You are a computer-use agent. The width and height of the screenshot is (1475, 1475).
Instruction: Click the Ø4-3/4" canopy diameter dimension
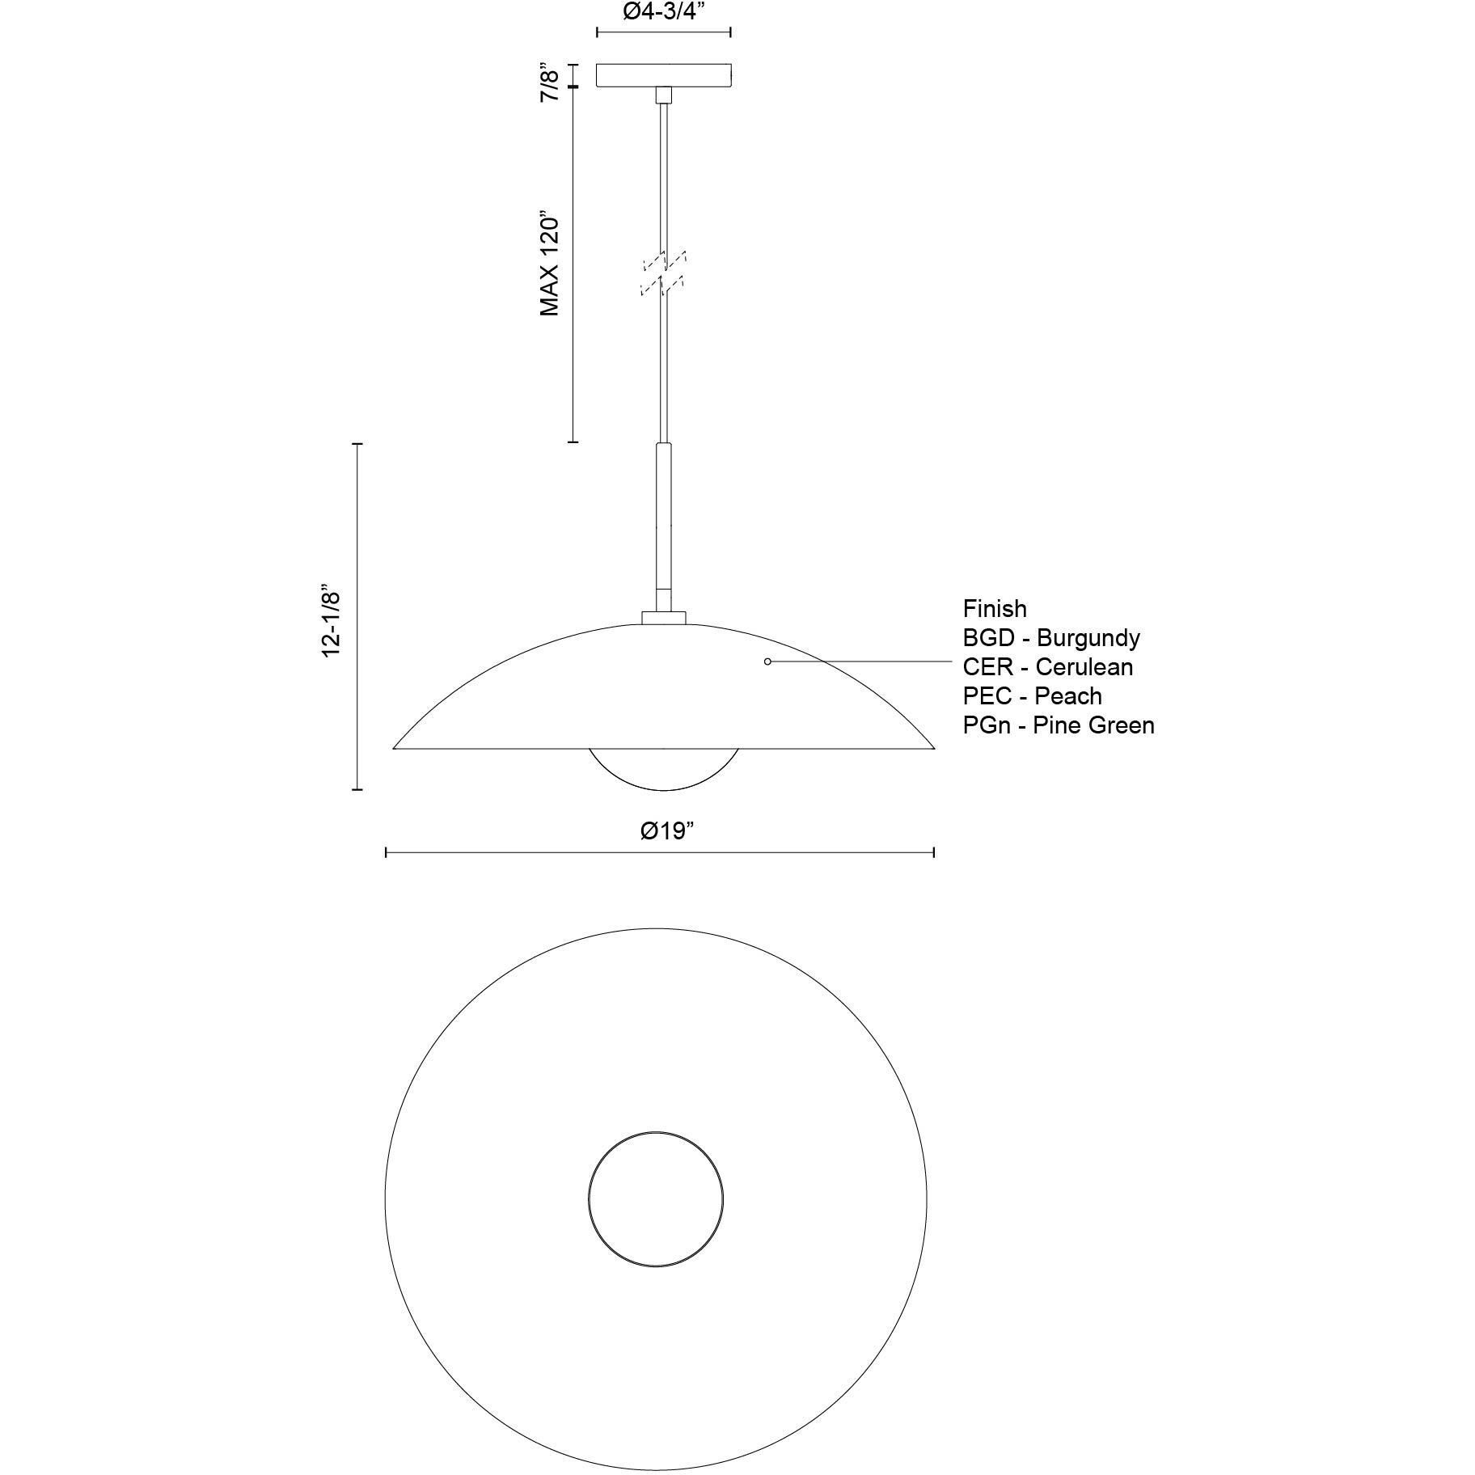(x=663, y=13)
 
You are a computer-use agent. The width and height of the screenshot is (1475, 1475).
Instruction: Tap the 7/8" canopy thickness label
(x=550, y=84)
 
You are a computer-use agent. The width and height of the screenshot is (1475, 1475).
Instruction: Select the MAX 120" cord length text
(x=550, y=265)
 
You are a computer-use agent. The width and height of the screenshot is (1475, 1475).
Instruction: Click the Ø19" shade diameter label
(x=667, y=830)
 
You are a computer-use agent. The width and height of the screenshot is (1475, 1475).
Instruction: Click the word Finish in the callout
(x=994, y=609)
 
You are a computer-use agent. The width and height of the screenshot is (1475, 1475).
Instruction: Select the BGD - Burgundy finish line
(x=1050, y=638)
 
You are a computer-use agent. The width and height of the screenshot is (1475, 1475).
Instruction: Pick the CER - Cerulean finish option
(x=1047, y=667)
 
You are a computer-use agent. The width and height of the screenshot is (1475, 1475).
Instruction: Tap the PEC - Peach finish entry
(x=1032, y=696)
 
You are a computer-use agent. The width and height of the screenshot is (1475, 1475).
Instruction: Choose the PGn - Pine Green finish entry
(x=1058, y=725)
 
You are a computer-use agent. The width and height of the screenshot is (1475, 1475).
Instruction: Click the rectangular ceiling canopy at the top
(x=664, y=74)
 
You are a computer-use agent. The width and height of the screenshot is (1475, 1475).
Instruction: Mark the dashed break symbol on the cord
(x=663, y=273)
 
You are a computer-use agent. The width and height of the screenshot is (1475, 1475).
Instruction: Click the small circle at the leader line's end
(x=767, y=661)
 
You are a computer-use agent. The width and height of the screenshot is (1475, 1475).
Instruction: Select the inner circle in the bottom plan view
(x=655, y=1198)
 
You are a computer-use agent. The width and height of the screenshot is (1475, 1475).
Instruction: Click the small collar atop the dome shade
(x=663, y=618)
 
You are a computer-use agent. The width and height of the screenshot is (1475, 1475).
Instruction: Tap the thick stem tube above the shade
(x=663, y=526)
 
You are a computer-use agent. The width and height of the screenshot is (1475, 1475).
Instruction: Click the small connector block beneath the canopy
(x=663, y=95)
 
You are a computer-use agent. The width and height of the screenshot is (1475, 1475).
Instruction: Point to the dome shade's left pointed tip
(x=395, y=747)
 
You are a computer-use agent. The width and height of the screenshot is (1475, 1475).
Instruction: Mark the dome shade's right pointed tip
(x=932, y=747)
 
